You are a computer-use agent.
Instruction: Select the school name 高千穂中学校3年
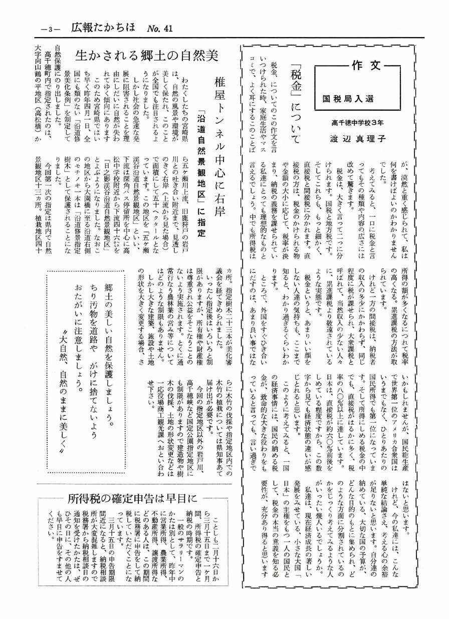(357, 121)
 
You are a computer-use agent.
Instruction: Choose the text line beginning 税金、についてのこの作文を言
(274, 106)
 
